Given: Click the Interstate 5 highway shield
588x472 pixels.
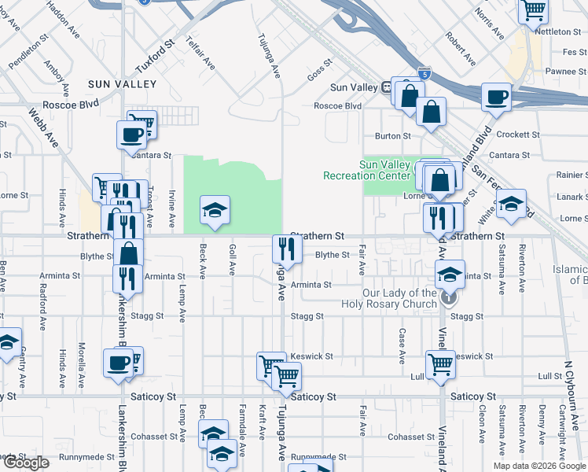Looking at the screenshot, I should click(424, 73).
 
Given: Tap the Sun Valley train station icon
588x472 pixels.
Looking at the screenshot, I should click(387, 87).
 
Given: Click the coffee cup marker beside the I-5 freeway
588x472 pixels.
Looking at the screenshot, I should click(496, 98).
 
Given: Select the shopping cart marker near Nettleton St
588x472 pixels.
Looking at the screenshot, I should click(533, 11).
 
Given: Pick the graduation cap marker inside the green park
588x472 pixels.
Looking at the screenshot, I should click(215, 210).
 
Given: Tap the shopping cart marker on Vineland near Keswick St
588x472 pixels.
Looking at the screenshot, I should click(440, 364).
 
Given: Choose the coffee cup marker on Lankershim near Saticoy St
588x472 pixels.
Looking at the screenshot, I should click(118, 363).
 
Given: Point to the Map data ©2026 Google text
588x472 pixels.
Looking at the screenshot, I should click(539, 466).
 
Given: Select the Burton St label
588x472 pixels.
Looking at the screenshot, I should click(392, 136).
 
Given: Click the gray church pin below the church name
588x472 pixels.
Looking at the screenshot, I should click(447, 297).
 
